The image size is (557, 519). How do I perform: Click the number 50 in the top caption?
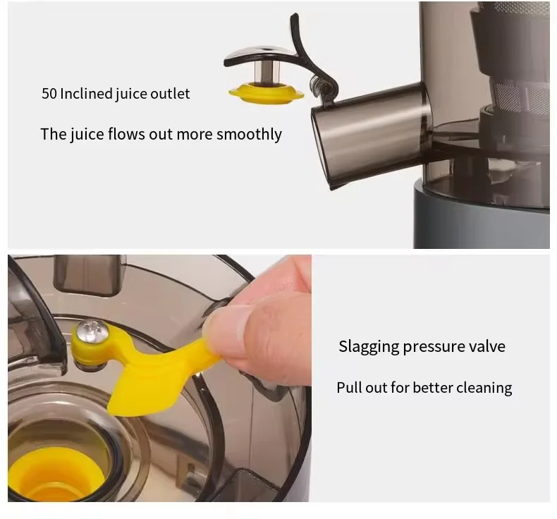click(x=49, y=94)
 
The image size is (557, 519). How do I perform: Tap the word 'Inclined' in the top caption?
click(x=85, y=94)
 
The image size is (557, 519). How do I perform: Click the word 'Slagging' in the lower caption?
click(x=368, y=346)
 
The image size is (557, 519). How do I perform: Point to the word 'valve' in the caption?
click(x=487, y=346)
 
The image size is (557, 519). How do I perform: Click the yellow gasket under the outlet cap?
click(x=266, y=92)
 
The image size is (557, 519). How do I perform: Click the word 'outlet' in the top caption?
click(x=170, y=94)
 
